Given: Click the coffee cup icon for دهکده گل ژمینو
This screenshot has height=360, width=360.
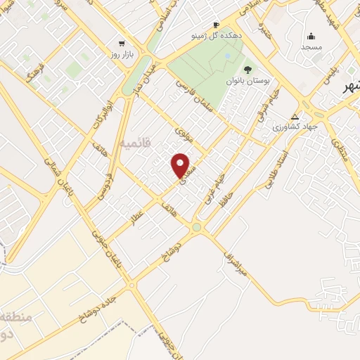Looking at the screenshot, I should (216, 25).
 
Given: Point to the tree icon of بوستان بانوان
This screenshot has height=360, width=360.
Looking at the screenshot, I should (247, 69).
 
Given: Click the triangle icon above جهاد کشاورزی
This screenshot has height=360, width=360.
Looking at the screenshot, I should (295, 117).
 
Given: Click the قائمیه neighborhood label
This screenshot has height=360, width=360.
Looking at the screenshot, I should (136, 144).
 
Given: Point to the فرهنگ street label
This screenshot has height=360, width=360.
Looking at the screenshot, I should (34, 73).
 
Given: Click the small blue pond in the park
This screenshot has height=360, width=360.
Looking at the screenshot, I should (227, 55).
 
